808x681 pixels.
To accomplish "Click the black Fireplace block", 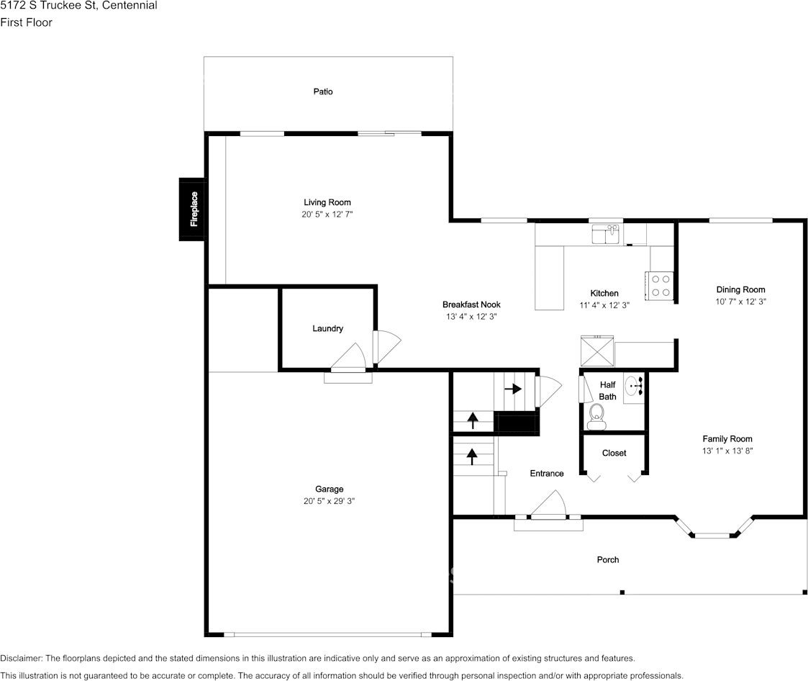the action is pyautogui.click(x=194, y=209).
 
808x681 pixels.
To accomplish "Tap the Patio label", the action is pyautogui.click(x=323, y=91).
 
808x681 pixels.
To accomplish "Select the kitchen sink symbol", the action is pyautogui.click(x=606, y=234).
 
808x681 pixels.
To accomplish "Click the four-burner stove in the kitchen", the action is pyautogui.click(x=660, y=286).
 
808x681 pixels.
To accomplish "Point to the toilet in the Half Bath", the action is pyautogui.click(x=597, y=417).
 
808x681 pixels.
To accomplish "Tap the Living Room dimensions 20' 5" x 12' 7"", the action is pyautogui.click(x=327, y=215).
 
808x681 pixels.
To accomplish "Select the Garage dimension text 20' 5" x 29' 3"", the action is pyautogui.click(x=330, y=501).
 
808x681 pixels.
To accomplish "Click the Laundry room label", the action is pyautogui.click(x=328, y=329).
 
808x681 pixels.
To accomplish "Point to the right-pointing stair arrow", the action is pyautogui.click(x=513, y=389).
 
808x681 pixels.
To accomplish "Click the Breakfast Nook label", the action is pyautogui.click(x=471, y=305).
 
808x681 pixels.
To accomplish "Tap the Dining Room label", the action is pyautogui.click(x=740, y=289).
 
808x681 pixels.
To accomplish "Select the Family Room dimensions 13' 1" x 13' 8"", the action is pyautogui.click(x=727, y=451).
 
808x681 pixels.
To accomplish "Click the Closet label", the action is pyautogui.click(x=614, y=453).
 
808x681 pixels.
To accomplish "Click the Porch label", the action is pyautogui.click(x=608, y=560).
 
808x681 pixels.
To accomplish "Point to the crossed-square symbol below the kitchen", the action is pyautogui.click(x=597, y=351).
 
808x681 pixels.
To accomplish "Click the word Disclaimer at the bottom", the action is pyautogui.click(x=21, y=658).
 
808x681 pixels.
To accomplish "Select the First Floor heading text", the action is pyautogui.click(x=27, y=23).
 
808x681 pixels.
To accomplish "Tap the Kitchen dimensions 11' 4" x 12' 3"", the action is pyautogui.click(x=604, y=305).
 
